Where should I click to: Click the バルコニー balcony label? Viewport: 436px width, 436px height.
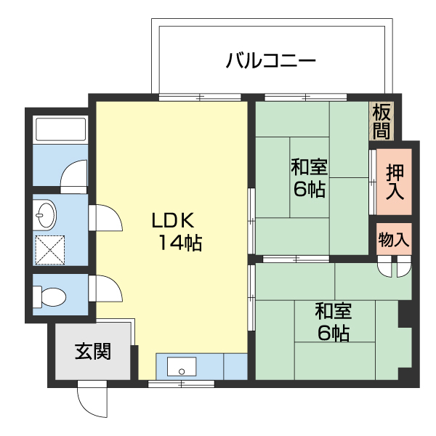(270, 60)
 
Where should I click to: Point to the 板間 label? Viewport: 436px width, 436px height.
(381, 121)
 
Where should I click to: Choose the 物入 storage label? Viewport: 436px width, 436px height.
(394, 239)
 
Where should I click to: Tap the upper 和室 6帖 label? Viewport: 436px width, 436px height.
(309, 178)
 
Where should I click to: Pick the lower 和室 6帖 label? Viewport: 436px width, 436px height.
(333, 322)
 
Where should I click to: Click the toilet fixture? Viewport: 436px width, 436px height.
(50, 296)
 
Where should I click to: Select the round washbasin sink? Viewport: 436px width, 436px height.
(46, 215)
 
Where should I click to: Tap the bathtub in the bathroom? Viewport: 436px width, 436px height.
(60, 129)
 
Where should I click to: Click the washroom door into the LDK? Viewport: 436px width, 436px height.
(105, 217)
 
